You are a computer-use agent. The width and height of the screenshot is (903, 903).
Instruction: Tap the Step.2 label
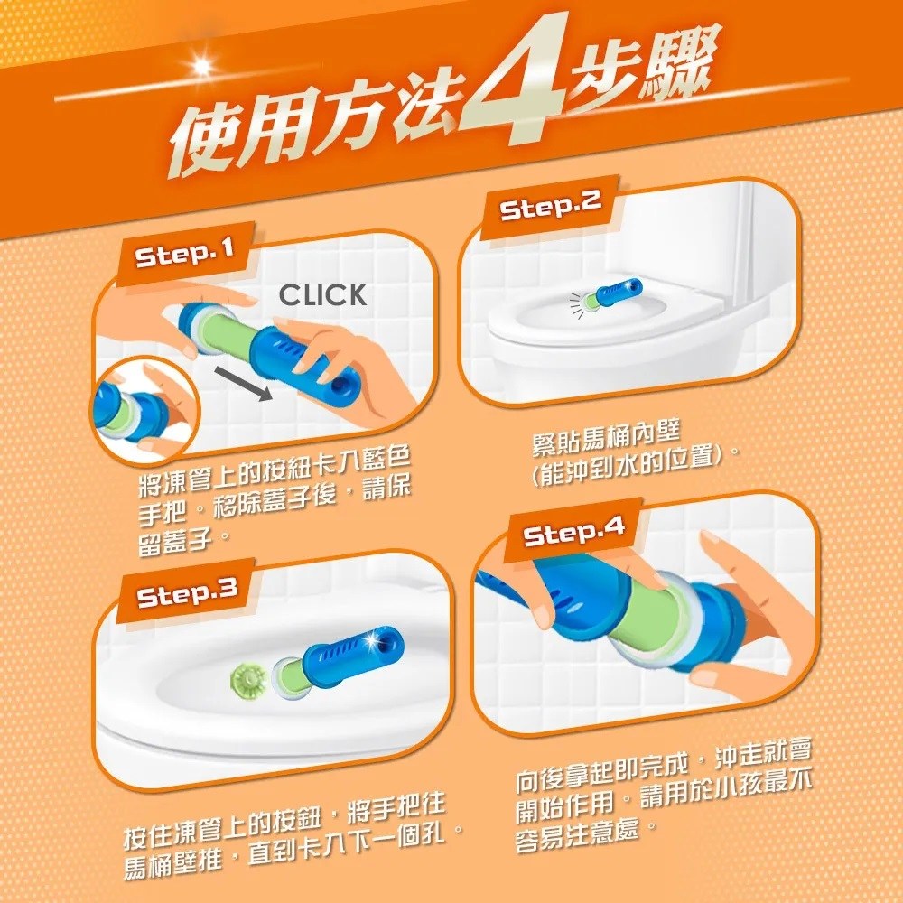coord(551,206)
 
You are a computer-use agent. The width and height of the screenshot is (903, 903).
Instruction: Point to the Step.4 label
coord(574,531)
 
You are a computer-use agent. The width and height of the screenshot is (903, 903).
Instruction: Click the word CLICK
coord(322,294)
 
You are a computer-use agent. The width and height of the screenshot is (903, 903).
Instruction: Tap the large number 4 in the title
coord(514,80)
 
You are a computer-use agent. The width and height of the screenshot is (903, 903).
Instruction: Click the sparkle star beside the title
coord(201,66)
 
